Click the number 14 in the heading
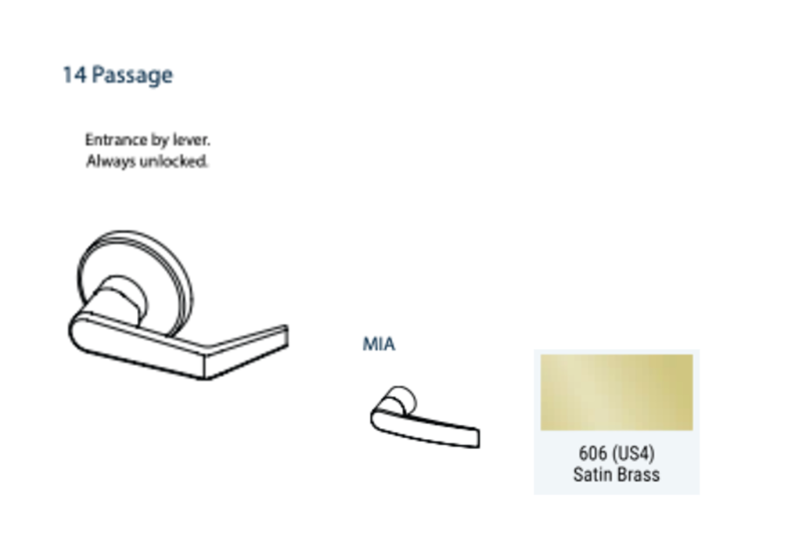pos(74,75)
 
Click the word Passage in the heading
pos(132,76)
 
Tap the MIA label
pos(379,344)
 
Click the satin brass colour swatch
pos(616,392)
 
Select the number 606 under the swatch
pos(593,454)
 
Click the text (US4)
pos(632,454)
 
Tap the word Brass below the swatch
pos(638,474)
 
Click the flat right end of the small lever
pos(474,438)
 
